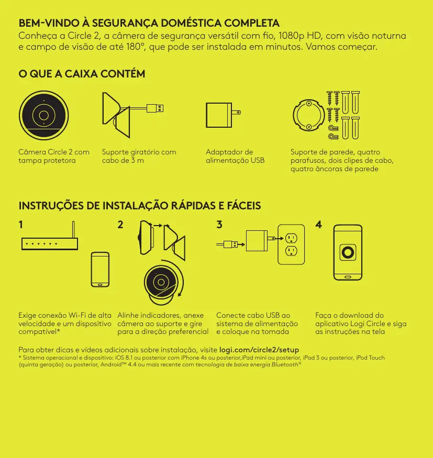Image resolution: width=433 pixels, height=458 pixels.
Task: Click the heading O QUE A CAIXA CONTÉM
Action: [x=82, y=74]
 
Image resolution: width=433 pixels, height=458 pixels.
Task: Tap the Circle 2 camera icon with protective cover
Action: [x=44, y=115]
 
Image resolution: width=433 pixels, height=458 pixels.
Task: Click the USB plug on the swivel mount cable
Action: [x=155, y=108]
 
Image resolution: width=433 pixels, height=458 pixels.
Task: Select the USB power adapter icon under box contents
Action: [x=223, y=115]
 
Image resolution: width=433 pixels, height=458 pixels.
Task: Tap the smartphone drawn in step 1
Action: [x=100, y=270]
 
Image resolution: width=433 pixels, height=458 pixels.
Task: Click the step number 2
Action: [x=120, y=225]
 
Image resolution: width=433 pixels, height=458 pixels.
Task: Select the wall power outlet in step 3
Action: [x=291, y=244]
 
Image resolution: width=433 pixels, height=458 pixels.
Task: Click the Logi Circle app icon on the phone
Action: [x=348, y=252]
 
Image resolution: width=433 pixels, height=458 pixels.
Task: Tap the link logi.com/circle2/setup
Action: [x=259, y=350]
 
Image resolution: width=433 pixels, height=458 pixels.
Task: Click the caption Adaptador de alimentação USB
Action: [x=235, y=156]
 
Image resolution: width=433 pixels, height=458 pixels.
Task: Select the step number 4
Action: [x=319, y=225]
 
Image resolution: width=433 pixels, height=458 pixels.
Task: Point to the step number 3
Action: [x=219, y=225]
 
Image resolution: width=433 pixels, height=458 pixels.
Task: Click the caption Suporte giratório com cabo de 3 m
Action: [x=139, y=156]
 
